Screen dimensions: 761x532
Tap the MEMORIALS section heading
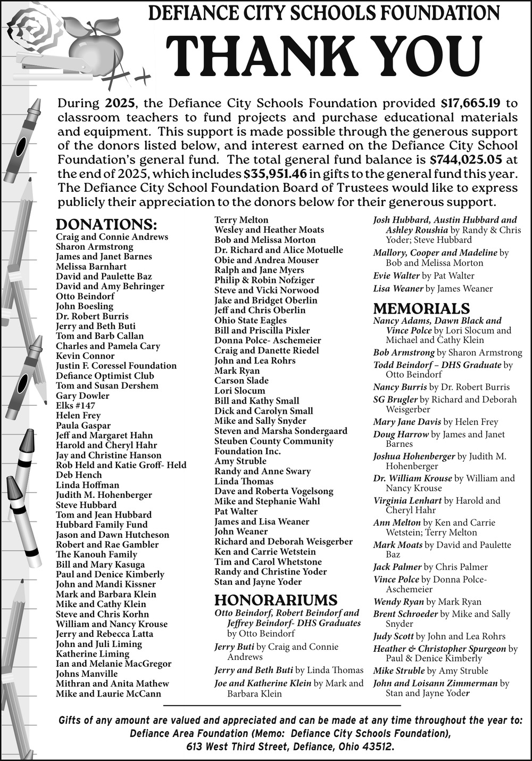[x=421, y=309]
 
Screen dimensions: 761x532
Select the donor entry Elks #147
[x=76, y=405]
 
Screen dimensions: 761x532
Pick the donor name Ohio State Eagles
[x=250, y=320]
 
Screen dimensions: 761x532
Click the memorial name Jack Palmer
[x=397, y=567]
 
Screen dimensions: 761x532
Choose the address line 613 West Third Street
[x=290, y=747]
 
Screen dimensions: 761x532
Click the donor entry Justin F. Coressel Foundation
[x=116, y=365]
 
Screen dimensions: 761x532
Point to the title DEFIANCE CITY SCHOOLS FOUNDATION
[x=324, y=12]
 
